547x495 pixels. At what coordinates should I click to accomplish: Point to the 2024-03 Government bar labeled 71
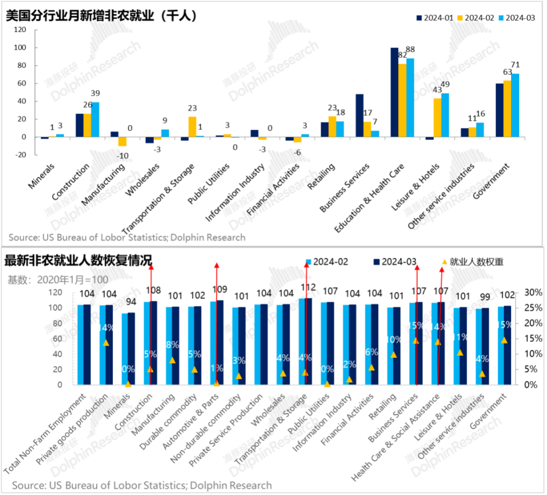coord(515,105)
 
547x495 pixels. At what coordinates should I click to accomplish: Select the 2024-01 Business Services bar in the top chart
coord(359,116)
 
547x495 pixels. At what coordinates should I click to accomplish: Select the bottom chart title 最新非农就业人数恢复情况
coord(78,261)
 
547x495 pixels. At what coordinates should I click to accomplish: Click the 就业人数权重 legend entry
coord(473,262)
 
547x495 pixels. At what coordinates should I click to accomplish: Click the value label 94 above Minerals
coord(131,302)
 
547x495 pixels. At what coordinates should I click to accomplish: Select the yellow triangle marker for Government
coord(504,340)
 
